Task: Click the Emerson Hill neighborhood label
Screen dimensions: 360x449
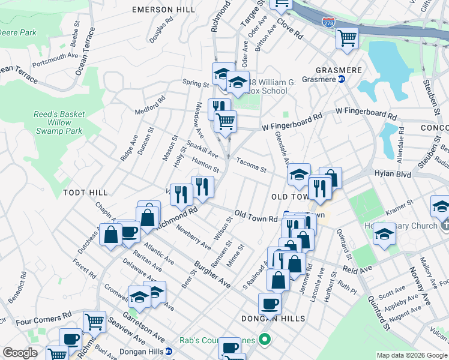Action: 163,10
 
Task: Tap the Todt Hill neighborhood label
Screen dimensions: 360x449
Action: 85,193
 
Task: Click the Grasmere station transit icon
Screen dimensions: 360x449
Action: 342,79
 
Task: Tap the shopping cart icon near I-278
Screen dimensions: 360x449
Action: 347,38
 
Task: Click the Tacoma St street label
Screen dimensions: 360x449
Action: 251,164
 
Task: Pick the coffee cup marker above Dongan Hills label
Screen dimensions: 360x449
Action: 270,304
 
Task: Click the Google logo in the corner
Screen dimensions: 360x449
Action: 20,353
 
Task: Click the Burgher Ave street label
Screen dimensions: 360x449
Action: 212,274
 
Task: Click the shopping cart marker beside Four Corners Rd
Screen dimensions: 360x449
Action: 94,322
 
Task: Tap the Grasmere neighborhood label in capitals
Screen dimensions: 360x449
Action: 337,70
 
